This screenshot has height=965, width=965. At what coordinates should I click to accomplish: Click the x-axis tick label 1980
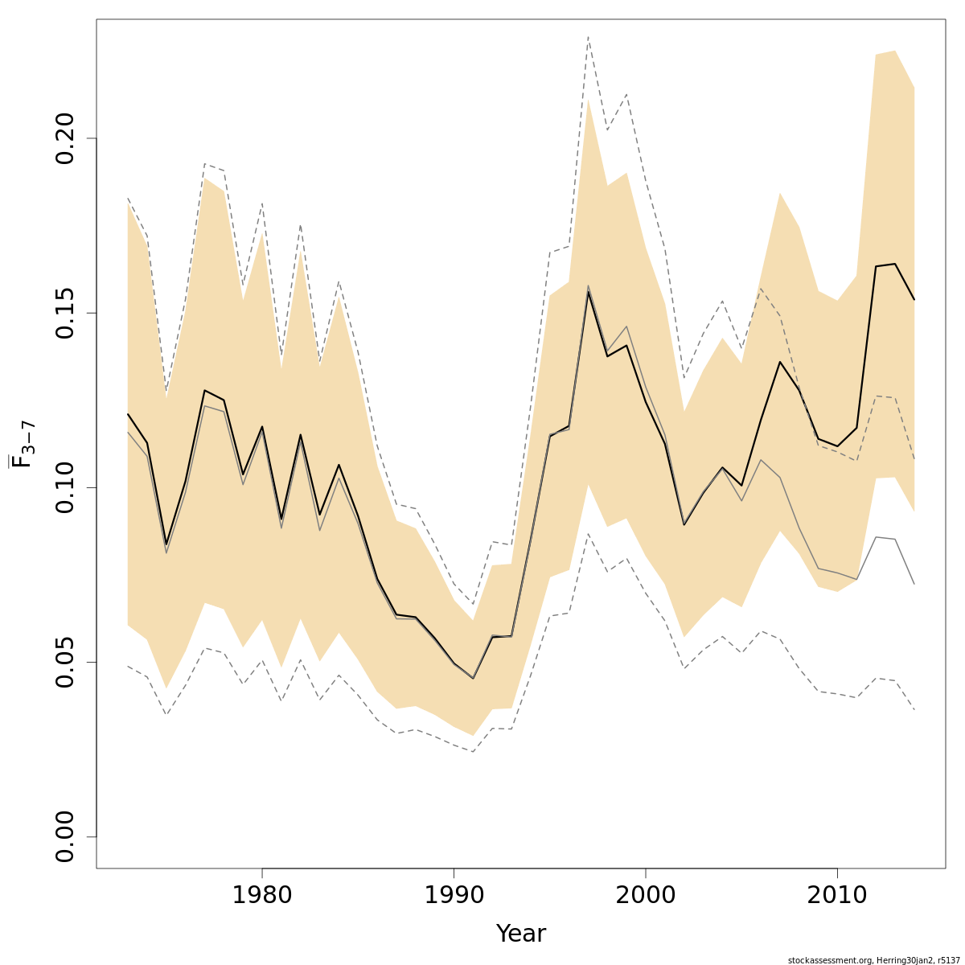(262, 895)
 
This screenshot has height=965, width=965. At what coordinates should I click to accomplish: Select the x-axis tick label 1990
(454, 895)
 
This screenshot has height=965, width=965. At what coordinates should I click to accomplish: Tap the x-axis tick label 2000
(646, 895)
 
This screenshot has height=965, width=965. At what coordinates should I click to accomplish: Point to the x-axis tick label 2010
(837, 895)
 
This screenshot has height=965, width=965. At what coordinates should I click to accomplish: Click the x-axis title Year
(520, 934)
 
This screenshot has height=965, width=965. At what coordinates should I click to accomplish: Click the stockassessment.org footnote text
(873, 959)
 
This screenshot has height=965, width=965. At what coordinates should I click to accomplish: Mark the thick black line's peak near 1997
(589, 292)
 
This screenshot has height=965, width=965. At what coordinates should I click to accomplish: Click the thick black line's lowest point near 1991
(473, 678)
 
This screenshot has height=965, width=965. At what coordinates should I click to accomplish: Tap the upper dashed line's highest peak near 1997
(589, 36)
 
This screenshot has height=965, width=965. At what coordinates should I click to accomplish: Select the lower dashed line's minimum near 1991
(473, 752)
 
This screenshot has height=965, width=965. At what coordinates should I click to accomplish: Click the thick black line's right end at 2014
(914, 300)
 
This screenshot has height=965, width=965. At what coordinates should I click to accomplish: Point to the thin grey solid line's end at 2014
(914, 584)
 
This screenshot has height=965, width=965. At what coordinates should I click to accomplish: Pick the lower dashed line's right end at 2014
(914, 709)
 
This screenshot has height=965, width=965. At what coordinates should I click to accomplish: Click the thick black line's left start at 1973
(128, 414)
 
